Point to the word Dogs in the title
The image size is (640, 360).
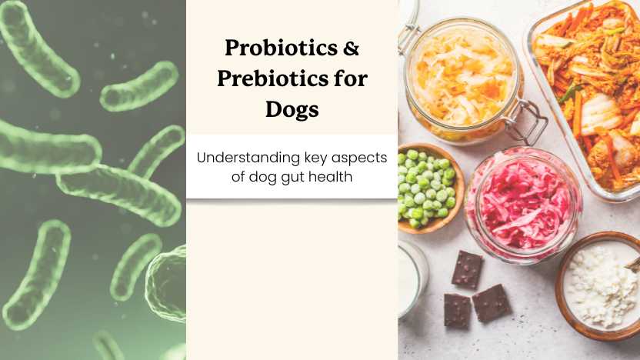point(292,108)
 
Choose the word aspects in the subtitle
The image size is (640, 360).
point(362,157)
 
